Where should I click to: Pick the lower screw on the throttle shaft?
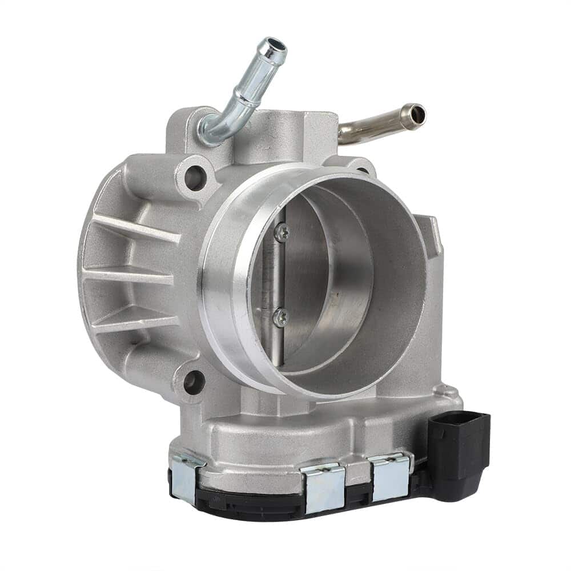pyautogui.click(x=280, y=317)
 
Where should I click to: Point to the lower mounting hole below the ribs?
pyautogui.click(x=194, y=381)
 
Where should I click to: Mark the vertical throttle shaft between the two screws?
pyautogui.click(x=278, y=274)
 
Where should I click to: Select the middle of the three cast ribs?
pyautogui.click(x=128, y=276)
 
